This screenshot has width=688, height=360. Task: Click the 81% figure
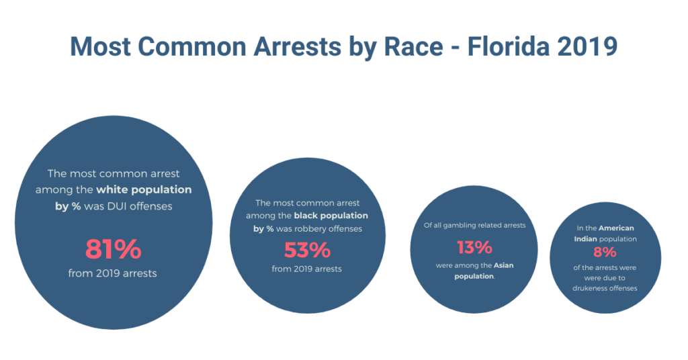coord(113,249)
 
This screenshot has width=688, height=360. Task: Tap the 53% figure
coord(307,250)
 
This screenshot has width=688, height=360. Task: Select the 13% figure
coord(474,247)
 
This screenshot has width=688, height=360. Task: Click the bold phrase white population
coord(143,190)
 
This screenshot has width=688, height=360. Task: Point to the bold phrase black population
coord(331,216)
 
